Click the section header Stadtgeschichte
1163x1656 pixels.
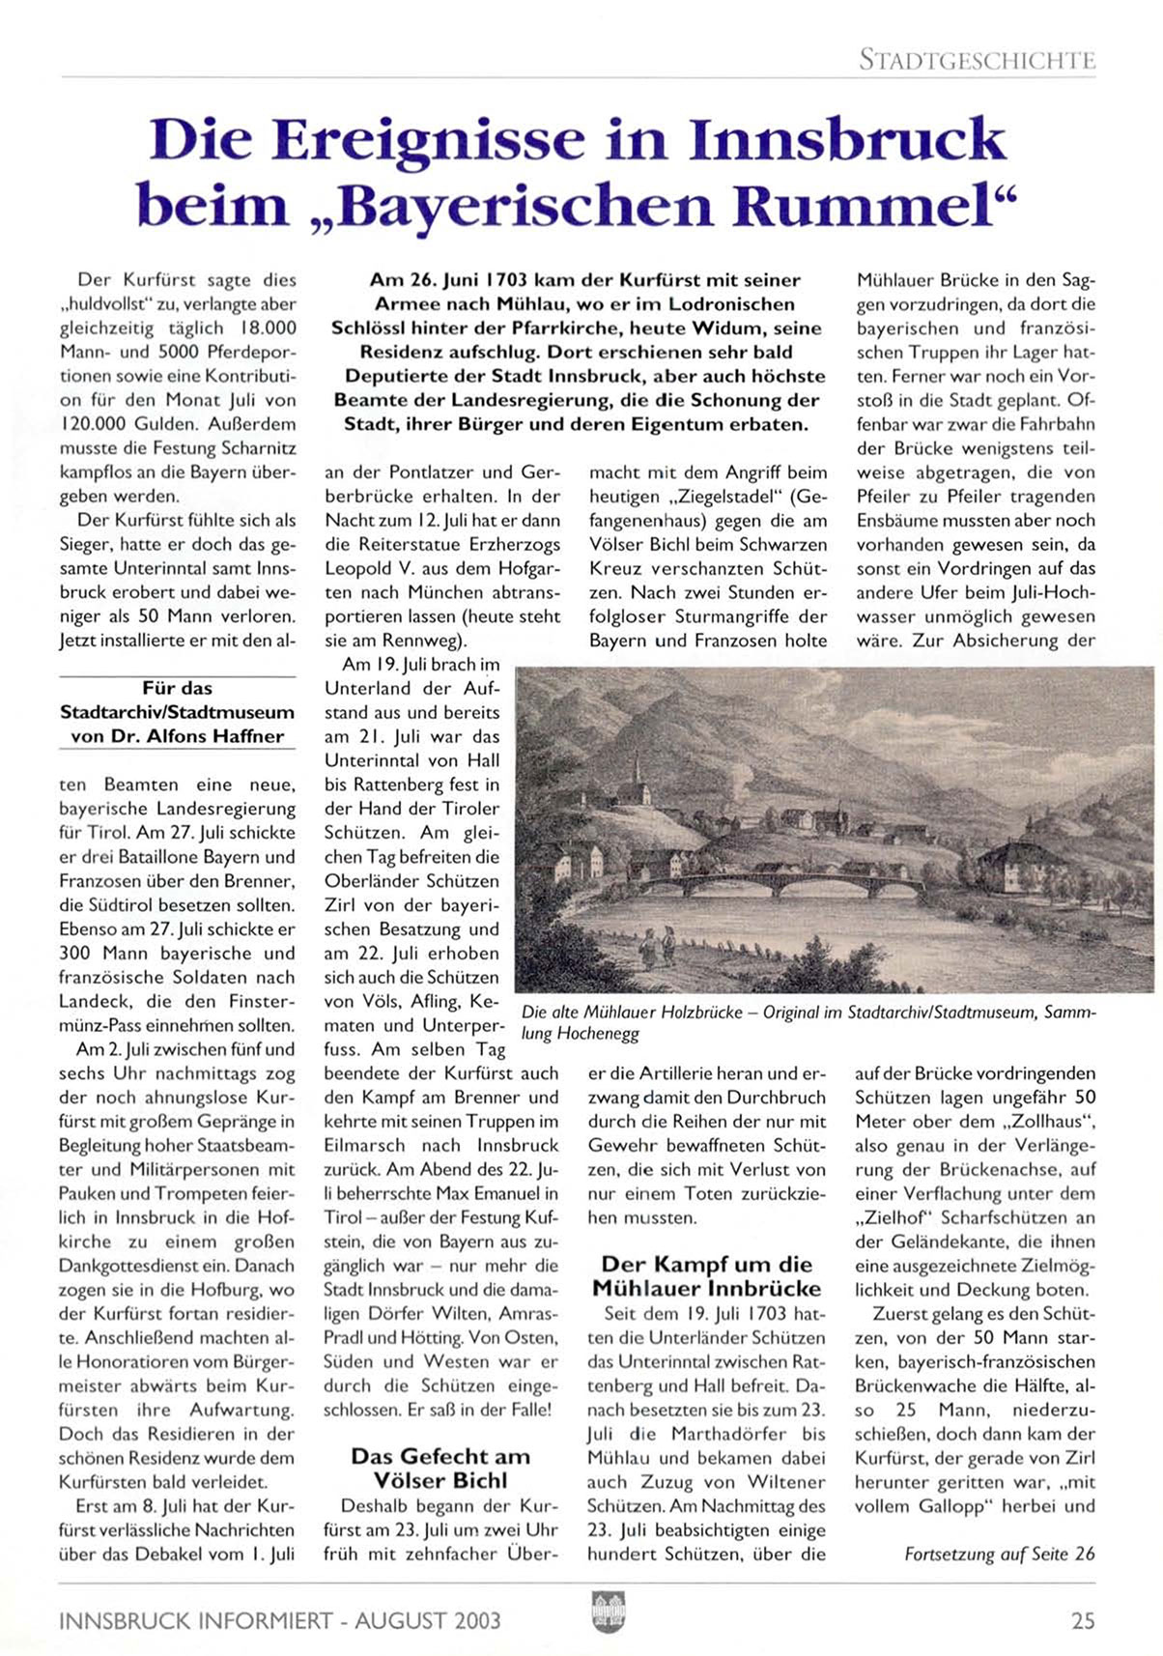pyautogui.click(x=977, y=60)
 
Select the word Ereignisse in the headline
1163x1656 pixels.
pyautogui.click(x=428, y=139)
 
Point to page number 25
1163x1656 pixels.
pyautogui.click(x=1083, y=1620)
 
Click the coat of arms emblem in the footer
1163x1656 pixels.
pyautogui.click(x=608, y=1613)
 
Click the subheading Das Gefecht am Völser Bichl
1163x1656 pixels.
pyautogui.click(x=440, y=1468)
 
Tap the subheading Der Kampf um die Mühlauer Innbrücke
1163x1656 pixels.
pyautogui.click(x=706, y=1276)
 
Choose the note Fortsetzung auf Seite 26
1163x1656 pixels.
pyautogui.click(x=999, y=1554)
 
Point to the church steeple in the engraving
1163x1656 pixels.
pyautogui.click(x=638, y=773)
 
